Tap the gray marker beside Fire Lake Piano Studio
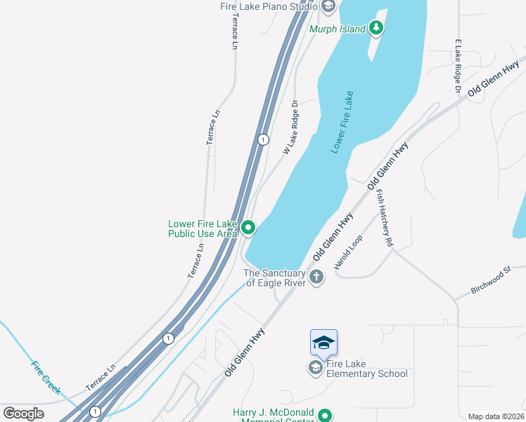click(x=328, y=6)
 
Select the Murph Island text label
click(x=337, y=29)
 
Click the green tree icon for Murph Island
click(x=376, y=28)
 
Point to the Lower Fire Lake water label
click(x=342, y=123)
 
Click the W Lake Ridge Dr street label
click(x=290, y=127)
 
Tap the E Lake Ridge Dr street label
click(x=457, y=67)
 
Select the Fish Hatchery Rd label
click(x=384, y=218)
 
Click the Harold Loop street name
click(x=348, y=252)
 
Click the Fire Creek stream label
click(x=46, y=377)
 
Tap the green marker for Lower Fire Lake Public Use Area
click(x=248, y=228)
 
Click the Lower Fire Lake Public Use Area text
click(x=203, y=229)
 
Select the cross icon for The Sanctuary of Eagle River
click(x=316, y=277)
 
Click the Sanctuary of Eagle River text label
click(x=274, y=278)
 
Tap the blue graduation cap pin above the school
click(x=323, y=343)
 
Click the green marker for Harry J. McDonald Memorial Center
click(x=325, y=416)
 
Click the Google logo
click(x=23, y=413)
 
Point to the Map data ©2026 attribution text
click(x=496, y=416)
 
